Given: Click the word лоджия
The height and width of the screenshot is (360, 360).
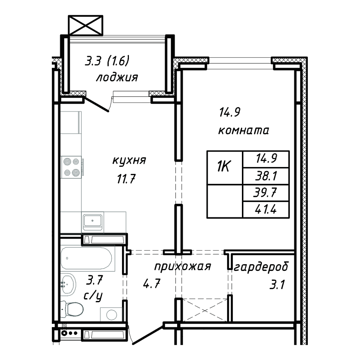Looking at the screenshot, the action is coord(117,77).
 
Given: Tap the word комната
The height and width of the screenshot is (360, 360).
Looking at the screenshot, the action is coord(243,130).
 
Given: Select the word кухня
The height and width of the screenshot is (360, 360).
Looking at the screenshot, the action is coord(129,160).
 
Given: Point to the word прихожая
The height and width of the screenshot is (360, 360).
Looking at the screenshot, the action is coord(183,267).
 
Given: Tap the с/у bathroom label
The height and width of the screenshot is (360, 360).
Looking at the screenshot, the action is coord(93,296).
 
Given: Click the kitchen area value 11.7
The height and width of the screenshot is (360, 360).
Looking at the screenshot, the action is coord(126,179).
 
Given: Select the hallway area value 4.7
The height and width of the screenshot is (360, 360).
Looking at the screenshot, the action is coord(152,283).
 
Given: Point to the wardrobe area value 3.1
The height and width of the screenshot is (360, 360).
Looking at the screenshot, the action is coord(277,285).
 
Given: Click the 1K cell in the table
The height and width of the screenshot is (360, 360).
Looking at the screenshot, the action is coord(225,167).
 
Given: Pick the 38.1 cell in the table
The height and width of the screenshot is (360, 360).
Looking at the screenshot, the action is coord(266,176).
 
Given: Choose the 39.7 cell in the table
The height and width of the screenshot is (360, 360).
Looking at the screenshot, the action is coord(266,193).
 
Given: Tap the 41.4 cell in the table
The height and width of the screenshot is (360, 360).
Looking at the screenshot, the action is coord(266,210).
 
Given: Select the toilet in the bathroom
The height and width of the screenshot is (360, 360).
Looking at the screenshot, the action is coord(72,309).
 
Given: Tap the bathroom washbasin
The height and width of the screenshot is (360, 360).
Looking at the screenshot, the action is coord(68,284).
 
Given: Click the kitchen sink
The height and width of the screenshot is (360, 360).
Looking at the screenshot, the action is coord(92,221).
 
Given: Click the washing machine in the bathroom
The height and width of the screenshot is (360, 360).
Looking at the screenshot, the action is coord(111,314).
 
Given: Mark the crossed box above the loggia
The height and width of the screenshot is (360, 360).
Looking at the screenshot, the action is coord(86,25).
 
